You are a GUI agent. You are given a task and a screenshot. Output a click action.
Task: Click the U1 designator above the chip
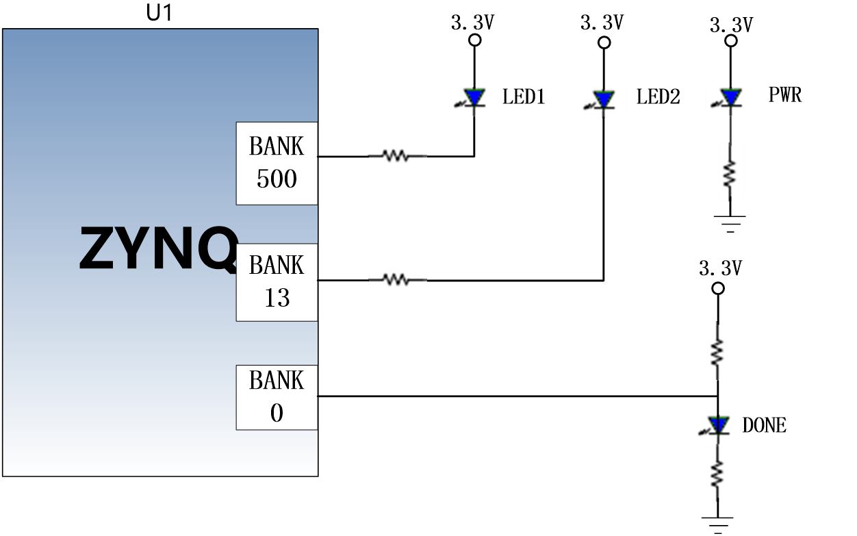[159, 12]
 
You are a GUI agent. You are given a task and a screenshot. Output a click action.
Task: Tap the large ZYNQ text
[158, 248]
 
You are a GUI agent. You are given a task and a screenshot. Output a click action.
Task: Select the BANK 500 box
[277, 164]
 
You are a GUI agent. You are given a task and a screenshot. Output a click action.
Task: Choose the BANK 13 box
[277, 282]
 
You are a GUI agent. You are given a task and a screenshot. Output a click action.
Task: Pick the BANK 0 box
[277, 398]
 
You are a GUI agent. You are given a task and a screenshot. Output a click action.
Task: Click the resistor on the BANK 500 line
[396, 155]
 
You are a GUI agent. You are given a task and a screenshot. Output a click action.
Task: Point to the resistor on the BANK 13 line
[396, 280]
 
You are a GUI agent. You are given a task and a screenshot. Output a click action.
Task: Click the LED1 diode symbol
[472, 98]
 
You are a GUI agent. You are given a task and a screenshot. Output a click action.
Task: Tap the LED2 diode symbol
[601, 100]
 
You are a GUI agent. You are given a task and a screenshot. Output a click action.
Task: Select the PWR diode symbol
[728, 98]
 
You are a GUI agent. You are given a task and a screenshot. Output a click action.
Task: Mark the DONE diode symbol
[715, 425]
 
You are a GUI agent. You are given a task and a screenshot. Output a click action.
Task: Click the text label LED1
[524, 97]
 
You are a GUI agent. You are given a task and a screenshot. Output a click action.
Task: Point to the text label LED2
[658, 97]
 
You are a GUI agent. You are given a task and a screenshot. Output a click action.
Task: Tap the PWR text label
[785, 94]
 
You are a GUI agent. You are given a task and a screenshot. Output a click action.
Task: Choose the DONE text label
[764, 425]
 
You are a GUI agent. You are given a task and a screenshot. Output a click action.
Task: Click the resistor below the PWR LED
[730, 174]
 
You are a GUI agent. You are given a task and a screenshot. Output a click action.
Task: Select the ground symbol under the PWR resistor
[730, 224]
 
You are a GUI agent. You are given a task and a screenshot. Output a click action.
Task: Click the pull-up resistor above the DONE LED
[717, 351]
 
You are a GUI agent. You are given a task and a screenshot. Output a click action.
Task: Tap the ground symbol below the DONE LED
[717, 525]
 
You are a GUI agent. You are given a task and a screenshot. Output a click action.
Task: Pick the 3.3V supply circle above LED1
[475, 40]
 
